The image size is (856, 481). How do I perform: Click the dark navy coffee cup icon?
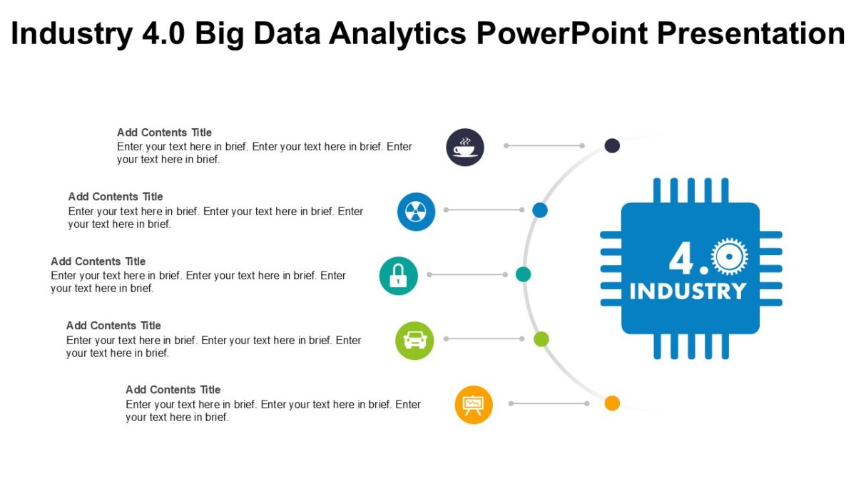coord(465,148)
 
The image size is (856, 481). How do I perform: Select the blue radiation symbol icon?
coord(416,212)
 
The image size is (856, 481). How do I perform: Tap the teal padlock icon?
coord(398,276)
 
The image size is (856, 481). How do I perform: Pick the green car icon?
coord(414,341)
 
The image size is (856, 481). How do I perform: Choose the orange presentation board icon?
coord(474,405)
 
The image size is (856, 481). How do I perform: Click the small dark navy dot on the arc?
coord(612,145)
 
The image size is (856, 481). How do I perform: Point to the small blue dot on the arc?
coord(540,210)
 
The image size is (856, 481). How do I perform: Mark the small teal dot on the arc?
coord(524,274)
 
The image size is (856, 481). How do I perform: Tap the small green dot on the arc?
coord(541,338)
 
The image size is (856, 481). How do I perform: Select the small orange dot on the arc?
coord(612,403)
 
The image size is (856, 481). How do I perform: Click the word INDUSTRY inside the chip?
coord(688,291)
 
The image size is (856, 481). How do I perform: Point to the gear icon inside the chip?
coord(729,257)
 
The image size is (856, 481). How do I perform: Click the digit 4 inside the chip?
coord(681,259)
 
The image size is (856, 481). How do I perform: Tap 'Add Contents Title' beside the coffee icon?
coord(164,133)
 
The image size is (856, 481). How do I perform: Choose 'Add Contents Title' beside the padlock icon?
coord(98,262)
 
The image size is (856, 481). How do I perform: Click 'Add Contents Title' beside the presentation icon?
coord(173,390)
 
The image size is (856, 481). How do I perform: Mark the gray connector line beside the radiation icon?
coord(484,210)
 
